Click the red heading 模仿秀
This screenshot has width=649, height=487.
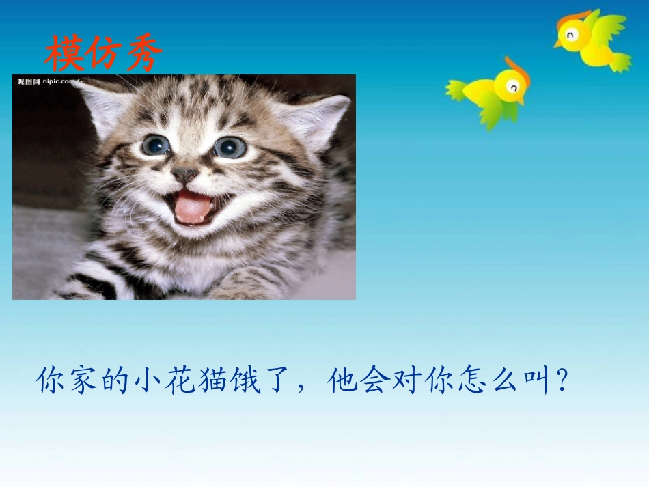point(104,54)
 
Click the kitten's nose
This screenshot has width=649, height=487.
point(184,175)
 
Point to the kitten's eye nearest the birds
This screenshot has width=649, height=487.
point(230,147)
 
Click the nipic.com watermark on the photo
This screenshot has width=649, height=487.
point(48,82)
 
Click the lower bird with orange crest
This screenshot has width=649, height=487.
point(492,93)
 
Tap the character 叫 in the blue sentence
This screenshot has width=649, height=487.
point(535,382)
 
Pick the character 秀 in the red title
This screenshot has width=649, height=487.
point(145,54)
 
